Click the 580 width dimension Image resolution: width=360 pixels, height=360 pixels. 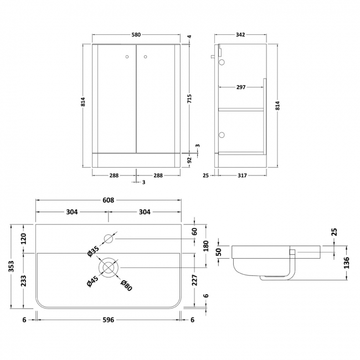(x=136, y=35)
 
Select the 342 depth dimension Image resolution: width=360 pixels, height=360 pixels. (x=240, y=35)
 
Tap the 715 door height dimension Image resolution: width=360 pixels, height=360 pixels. (x=189, y=99)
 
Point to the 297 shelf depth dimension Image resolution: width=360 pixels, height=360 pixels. (x=241, y=88)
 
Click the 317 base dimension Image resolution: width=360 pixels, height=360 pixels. (x=242, y=176)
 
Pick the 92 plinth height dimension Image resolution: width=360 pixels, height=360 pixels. (x=189, y=160)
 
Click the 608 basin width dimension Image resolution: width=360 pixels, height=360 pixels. (x=108, y=200)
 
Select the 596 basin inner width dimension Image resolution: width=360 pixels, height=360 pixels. (x=109, y=320)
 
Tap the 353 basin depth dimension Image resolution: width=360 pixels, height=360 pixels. (x=11, y=266)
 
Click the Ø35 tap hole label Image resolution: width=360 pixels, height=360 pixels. (x=93, y=251)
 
